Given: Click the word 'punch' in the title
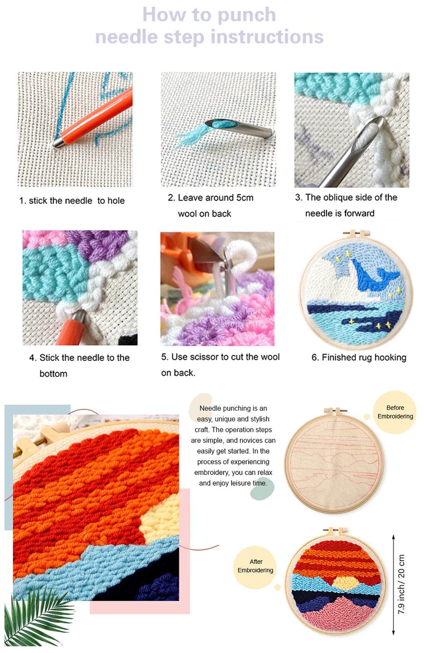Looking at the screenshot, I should coord(247,15).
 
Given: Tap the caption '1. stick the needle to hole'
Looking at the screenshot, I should coord(72,201).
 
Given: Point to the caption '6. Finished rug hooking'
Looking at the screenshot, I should coord(359,358).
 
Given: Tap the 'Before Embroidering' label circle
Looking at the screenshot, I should coord(395,412).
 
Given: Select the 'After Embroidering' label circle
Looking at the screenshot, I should coord(255,566).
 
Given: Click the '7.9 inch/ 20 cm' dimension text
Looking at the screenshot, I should coord(402,584).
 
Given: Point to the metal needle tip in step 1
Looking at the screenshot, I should coord(58,143).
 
